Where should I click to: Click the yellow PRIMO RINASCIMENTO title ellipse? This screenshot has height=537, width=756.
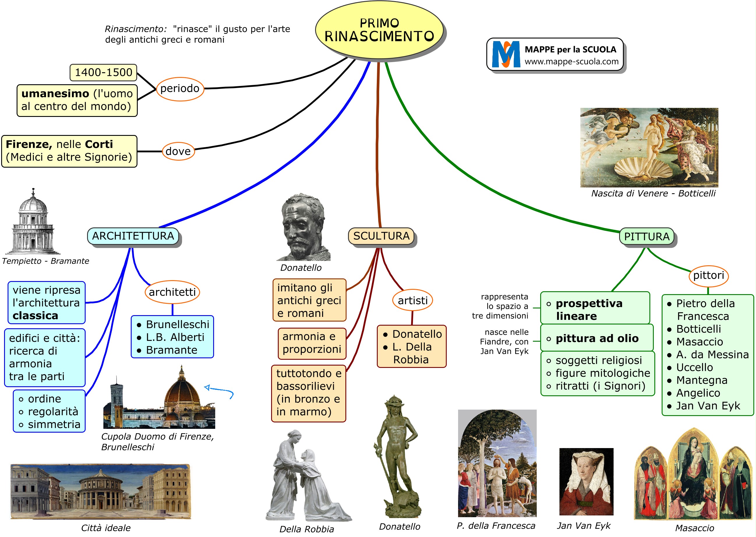tap(379, 30)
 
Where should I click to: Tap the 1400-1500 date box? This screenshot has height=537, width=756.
tap(103, 72)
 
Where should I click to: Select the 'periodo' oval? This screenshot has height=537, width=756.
tap(180, 89)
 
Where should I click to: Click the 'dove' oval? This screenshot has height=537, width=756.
tap(178, 151)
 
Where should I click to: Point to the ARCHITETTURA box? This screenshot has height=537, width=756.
tap(133, 236)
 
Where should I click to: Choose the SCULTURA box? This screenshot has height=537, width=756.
tap(381, 236)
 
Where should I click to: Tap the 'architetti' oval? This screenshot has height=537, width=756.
tap(172, 292)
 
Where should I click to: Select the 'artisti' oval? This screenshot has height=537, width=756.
tap(413, 301)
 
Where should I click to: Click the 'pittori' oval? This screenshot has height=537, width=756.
tap(709, 275)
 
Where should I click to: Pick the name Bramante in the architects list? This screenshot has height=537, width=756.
tap(172, 350)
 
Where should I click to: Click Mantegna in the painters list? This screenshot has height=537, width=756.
tap(702, 380)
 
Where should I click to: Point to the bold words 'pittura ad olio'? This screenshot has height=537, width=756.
tap(597, 338)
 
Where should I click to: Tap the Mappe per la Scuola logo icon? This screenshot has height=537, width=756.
tap(506, 54)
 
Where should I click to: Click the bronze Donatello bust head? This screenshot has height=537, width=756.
tap(302, 225)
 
